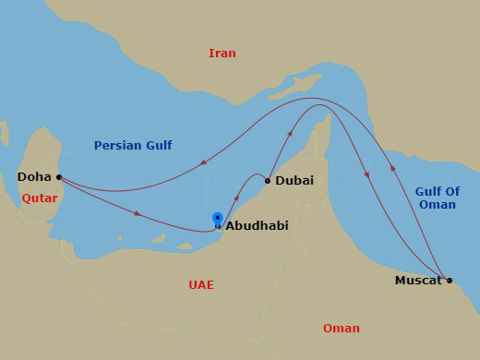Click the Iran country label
tap(222, 53)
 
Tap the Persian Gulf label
tap(133, 145)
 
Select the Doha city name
tap(34, 176)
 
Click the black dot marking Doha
tap(59, 176)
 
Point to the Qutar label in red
tap(40, 198)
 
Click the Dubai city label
tap(295, 181)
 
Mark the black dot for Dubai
tap(268, 181)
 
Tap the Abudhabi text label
tap(258, 224)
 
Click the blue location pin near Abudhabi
tap(218, 219)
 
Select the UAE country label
tap(200, 285)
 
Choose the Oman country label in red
tap(342, 329)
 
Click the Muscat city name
tap(418, 280)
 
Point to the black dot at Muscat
tap(450, 280)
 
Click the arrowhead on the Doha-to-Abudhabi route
tap(138, 214)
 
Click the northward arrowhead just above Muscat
tap(394, 169)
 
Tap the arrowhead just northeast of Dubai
tap(291, 135)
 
